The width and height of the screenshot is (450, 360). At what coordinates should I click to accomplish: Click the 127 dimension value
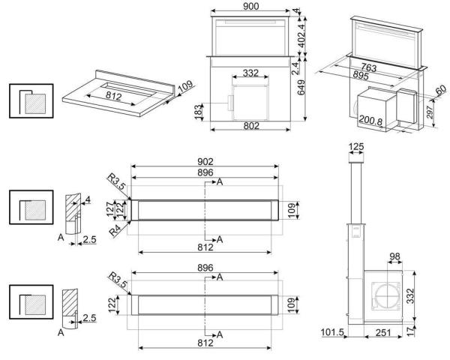111,207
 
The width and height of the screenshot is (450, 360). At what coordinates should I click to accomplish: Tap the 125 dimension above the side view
356,145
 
